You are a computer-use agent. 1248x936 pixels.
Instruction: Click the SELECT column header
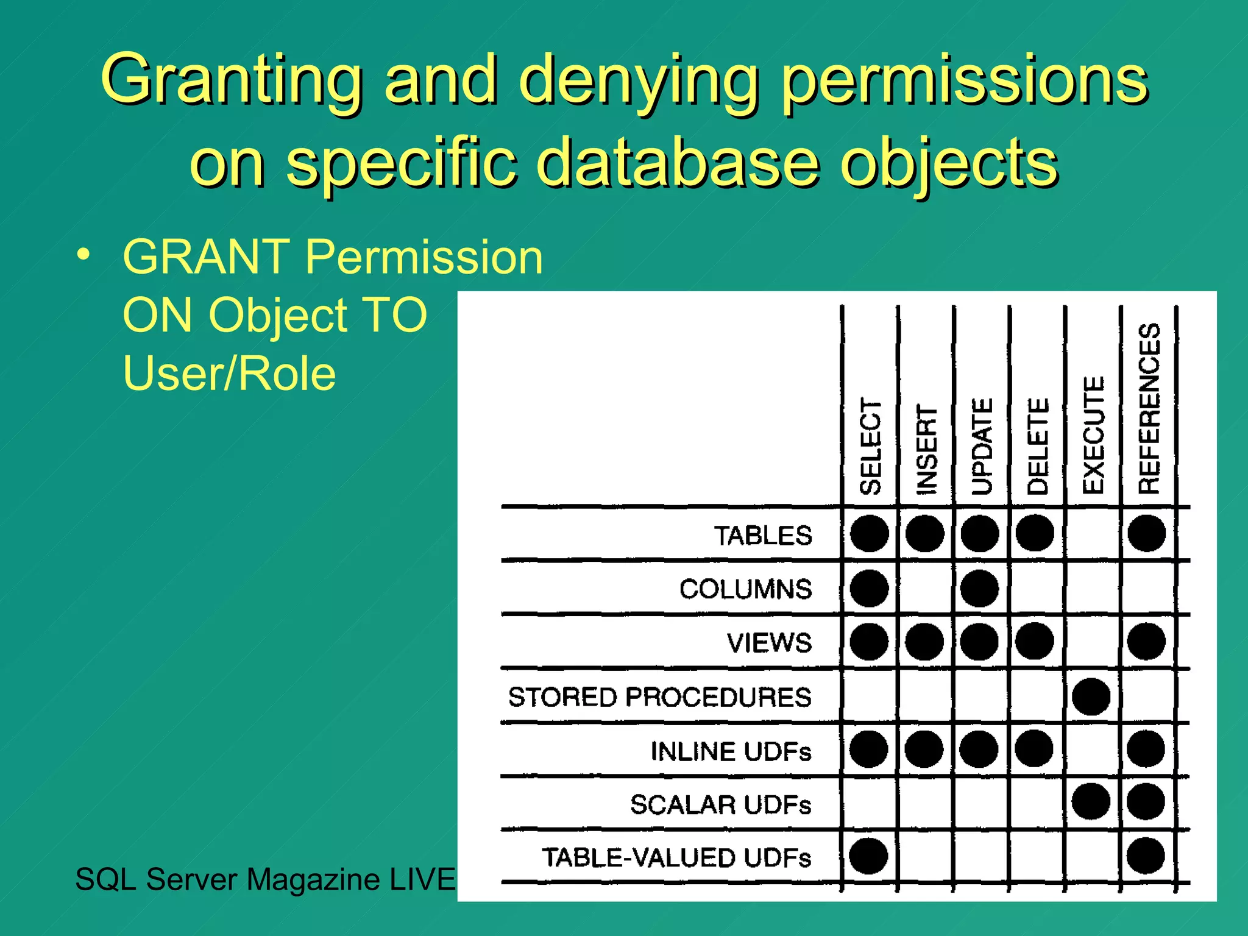point(870,446)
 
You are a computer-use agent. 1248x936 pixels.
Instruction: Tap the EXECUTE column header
point(1093,435)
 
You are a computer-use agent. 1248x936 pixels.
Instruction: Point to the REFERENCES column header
point(1149,408)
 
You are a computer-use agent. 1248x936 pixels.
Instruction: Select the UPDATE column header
point(982,447)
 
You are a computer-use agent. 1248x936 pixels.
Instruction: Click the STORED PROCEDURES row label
point(660,697)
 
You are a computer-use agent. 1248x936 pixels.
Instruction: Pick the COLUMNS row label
point(746,589)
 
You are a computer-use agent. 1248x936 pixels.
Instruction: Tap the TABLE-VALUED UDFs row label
point(677,857)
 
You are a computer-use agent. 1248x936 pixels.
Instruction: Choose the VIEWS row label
point(770,643)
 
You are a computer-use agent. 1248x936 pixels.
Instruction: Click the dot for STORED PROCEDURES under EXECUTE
point(1091,697)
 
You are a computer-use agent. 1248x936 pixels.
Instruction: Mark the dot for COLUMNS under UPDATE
point(979,589)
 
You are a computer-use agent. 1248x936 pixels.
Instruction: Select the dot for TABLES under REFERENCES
point(1146,533)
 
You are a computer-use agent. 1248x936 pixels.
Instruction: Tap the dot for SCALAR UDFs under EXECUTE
point(1091,802)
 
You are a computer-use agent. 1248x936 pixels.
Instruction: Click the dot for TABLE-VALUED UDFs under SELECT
point(868,856)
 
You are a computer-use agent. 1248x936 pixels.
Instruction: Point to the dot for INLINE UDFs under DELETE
point(1035,749)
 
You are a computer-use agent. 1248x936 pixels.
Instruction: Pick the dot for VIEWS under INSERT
point(924,642)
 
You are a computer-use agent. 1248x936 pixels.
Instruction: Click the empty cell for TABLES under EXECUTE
point(1092,534)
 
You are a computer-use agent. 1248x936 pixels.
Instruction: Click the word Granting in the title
point(232,81)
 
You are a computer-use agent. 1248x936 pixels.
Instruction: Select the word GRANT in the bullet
point(206,257)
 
